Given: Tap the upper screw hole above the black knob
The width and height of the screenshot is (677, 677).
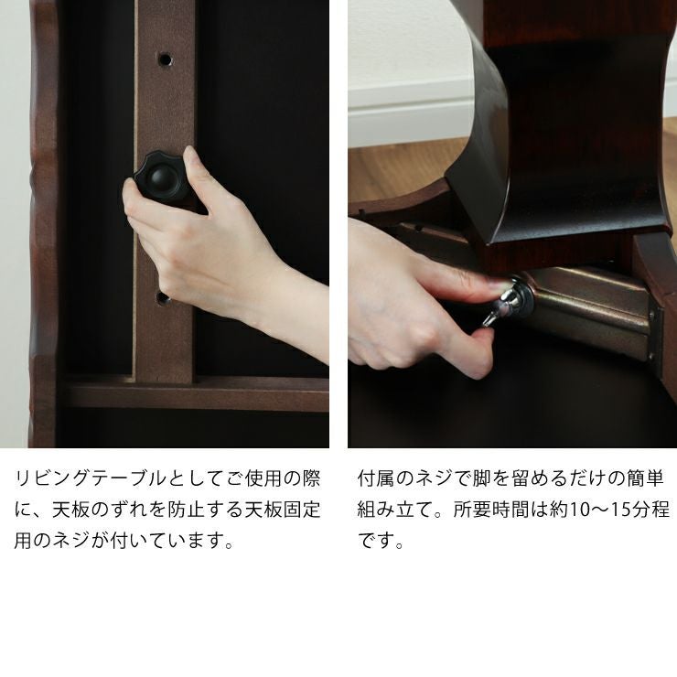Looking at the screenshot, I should [x=165, y=59].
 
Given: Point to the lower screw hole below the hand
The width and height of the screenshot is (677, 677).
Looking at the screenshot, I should [x=162, y=298].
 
